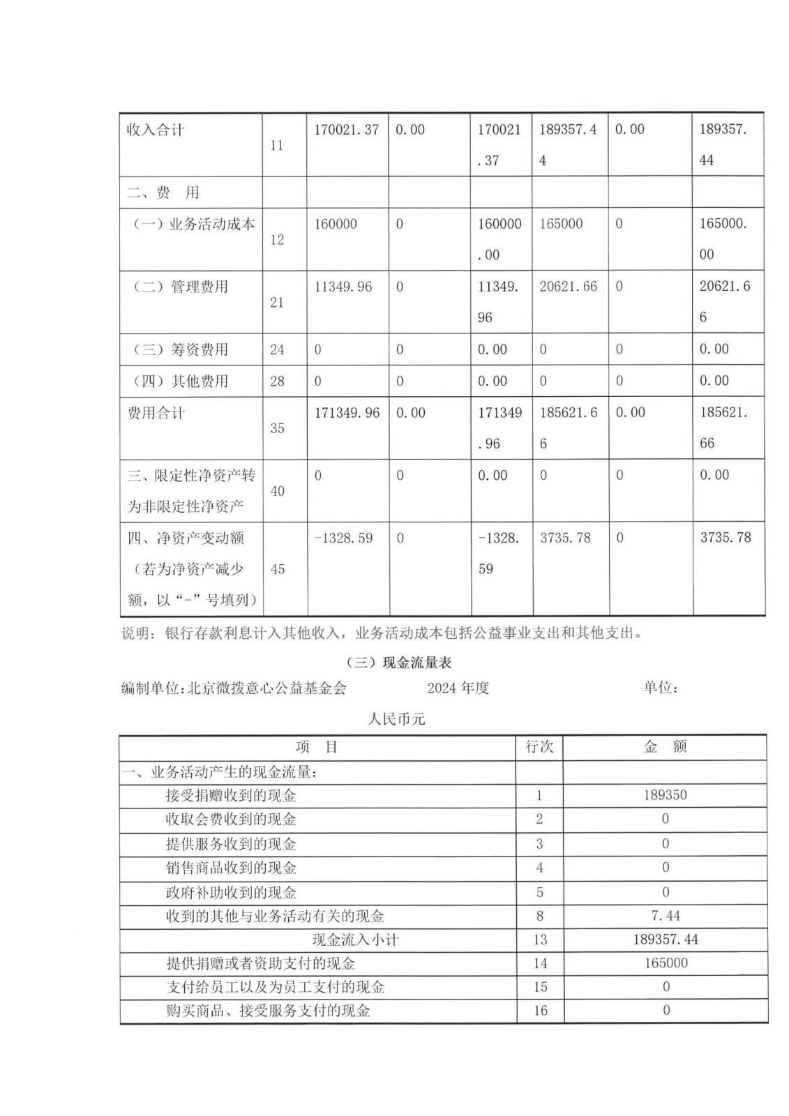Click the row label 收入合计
(x=156, y=130)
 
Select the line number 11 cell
(x=277, y=145)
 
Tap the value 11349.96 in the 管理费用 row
(x=343, y=287)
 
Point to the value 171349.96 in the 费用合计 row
(x=347, y=413)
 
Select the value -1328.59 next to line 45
(x=343, y=538)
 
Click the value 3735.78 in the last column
(x=726, y=538)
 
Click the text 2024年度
(x=458, y=688)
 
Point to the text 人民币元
(x=396, y=719)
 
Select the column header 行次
(x=539, y=747)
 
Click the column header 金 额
(x=665, y=747)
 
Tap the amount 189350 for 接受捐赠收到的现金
(x=665, y=795)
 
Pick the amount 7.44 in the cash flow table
(x=665, y=916)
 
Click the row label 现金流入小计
(x=355, y=940)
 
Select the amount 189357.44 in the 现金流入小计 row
(x=666, y=940)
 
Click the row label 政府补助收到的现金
(x=231, y=892)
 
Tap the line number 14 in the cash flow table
(x=540, y=963)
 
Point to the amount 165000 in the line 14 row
(x=666, y=963)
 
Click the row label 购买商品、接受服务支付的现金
(x=268, y=1011)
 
